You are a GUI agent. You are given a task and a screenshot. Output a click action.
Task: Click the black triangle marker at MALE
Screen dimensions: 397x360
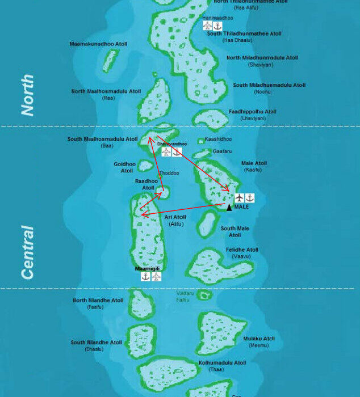click(229, 207)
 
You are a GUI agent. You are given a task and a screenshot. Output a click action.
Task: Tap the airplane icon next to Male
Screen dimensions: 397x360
click(239, 197)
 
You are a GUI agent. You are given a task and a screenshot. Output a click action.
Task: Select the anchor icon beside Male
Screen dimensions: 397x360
click(249, 197)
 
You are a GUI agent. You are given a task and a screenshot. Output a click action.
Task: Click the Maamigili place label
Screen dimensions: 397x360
click(147, 268)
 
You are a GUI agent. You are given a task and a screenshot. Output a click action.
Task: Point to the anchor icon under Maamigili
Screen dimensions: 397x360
click(145, 277)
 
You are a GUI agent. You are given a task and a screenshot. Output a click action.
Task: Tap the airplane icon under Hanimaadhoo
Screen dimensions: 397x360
click(207, 26)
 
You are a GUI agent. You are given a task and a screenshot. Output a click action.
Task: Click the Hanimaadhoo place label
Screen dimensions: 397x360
click(214, 18)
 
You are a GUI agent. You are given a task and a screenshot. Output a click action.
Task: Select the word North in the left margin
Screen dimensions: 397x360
click(27, 95)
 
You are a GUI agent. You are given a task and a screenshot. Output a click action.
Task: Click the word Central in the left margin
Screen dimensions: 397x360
click(27, 252)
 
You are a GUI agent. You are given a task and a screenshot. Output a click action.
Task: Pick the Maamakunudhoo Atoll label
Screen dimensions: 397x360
click(98, 44)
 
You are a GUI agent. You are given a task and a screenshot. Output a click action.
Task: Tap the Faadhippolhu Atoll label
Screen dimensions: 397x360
click(252, 112)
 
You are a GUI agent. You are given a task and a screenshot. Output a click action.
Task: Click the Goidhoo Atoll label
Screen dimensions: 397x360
click(125, 167)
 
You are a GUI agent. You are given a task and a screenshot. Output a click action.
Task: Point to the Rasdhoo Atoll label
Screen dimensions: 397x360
click(146, 184)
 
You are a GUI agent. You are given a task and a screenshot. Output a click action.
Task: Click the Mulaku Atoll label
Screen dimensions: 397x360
click(259, 339)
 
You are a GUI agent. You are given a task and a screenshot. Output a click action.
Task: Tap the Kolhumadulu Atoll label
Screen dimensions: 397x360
click(222, 362)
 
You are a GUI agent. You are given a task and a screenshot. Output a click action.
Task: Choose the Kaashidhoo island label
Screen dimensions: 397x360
click(219, 139)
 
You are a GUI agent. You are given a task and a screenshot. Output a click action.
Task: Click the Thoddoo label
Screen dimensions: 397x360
click(169, 173)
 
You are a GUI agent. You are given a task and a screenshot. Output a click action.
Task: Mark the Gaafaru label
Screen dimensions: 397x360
click(222, 151)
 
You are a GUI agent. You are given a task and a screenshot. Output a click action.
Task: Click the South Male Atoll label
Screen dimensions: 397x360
click(235, 231)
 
